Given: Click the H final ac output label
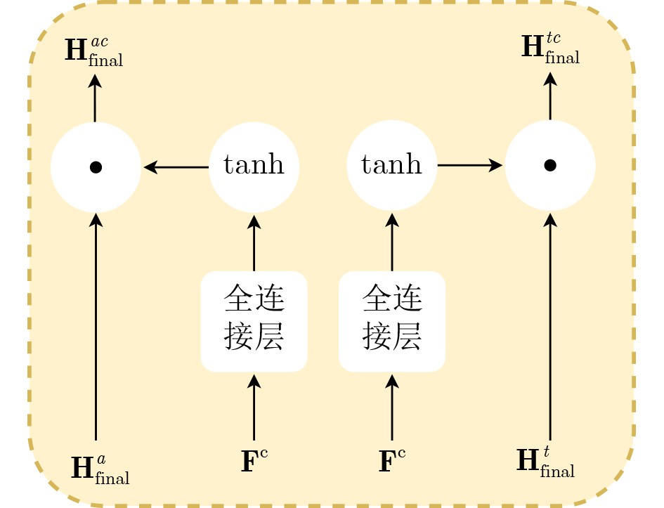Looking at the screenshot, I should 93,51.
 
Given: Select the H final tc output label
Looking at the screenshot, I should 550,48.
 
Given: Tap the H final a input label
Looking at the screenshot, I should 100,469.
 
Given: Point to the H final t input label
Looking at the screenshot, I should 545,462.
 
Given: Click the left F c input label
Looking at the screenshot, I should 254,462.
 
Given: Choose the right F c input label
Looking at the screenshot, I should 391,462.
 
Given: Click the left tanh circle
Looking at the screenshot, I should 254,167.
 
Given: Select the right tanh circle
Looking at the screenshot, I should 391,165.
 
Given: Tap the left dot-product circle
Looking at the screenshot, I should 96,167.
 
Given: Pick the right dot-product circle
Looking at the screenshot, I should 550,165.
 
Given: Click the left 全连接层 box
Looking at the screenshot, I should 254,321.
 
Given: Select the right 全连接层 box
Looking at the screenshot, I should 391,321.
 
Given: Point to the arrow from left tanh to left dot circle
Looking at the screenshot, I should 176,167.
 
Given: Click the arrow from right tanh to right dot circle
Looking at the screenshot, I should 470,165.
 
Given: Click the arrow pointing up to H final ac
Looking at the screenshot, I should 95,98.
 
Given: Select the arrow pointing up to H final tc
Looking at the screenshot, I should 550,96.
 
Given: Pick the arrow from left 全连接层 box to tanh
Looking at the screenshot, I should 254,243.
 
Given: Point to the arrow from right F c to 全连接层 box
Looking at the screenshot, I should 392,408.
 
